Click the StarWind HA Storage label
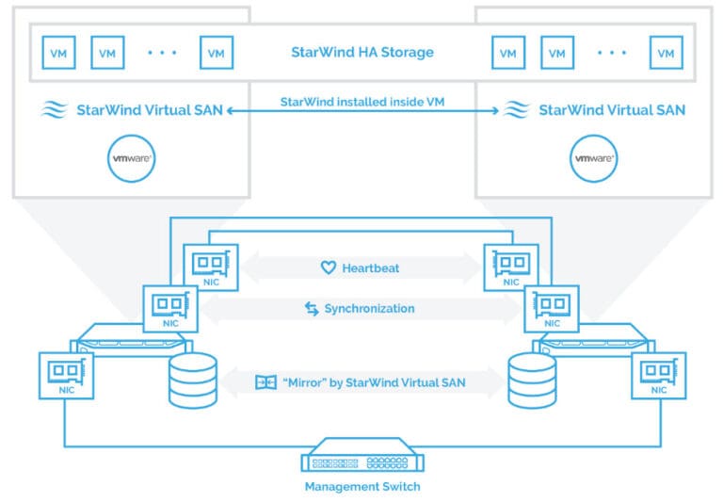click(361, 52)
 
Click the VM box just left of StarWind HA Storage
click(216, 53)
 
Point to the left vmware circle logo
click(132, 158)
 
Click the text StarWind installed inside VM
click(361, 101)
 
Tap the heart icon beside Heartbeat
click(328, 267)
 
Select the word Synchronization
click(369, 308)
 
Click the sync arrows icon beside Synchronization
click(312, 308)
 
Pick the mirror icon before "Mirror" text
click(265, 382)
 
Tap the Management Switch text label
click(361, 487)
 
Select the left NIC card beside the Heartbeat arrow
click(212, 265)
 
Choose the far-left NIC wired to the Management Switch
click(66, 374)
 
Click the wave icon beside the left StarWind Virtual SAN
click(55, 110)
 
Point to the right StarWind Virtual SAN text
click(612, 110)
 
